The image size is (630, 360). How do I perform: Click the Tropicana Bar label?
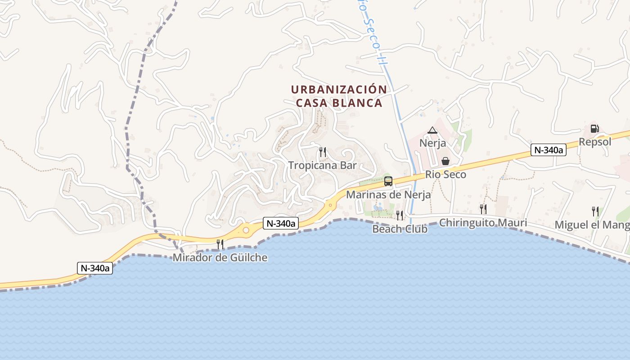coord(322,165)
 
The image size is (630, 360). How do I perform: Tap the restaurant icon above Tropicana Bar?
coord(322,152)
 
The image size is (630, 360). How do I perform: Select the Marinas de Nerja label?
coord(388,195)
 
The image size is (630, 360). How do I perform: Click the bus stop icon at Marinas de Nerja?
coord(388,181)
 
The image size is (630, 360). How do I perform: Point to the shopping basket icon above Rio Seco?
coord(445,161)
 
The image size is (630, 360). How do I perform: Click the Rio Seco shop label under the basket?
coord(445,175)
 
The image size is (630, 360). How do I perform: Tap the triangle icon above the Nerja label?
coord(432,130)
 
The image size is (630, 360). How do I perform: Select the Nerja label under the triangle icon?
coord(432,143)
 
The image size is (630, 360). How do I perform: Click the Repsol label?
coord(595,142)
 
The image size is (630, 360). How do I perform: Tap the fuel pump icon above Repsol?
coord(594,129)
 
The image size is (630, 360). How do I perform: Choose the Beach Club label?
coord(400,229)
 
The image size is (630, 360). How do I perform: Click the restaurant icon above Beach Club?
coord(399,216)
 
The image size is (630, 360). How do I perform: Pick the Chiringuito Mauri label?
coord(483,223)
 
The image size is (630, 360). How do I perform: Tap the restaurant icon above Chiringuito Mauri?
coord(483,209)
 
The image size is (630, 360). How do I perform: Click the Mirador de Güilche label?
coord(220,258)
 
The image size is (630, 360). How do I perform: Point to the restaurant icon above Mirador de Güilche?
coord(220,244)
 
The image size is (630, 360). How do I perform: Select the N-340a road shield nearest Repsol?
coord(548,150)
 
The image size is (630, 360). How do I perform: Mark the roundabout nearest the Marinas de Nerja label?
coord(331,205)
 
